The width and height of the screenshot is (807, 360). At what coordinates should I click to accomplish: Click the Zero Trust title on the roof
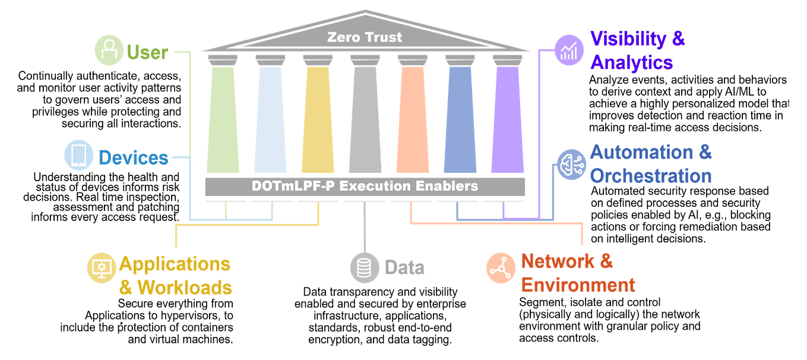click(x=365, y=37)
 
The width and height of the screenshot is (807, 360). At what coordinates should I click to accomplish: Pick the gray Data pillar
click(x=365, y=119)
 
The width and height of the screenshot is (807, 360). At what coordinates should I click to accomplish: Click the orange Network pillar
click(x=412, y=119)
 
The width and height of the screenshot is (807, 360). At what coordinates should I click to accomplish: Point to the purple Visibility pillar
click(x=507, y=119)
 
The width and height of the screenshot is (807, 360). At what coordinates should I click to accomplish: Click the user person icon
click(x=109, y=51)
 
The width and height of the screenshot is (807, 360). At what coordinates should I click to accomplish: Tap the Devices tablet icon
click(x=79, y=156)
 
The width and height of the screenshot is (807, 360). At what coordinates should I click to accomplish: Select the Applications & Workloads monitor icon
click(x=102, y=267)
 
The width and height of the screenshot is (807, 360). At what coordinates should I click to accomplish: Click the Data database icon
click(x=364, y=267)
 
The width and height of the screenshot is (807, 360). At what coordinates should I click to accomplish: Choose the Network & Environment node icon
click(x=501, y=267)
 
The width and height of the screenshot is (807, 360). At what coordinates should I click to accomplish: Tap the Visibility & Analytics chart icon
click(x=569, y=50)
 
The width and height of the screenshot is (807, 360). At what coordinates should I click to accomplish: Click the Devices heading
click(x=134, y=158)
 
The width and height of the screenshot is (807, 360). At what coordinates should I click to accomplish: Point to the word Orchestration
click(x=651, y=176)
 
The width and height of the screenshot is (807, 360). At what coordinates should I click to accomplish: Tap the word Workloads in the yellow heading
click(x=184, y=288)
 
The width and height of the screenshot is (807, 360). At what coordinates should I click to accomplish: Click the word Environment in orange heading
click(x=578, y=285)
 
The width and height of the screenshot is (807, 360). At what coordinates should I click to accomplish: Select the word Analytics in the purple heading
click(x=631, y=62)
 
